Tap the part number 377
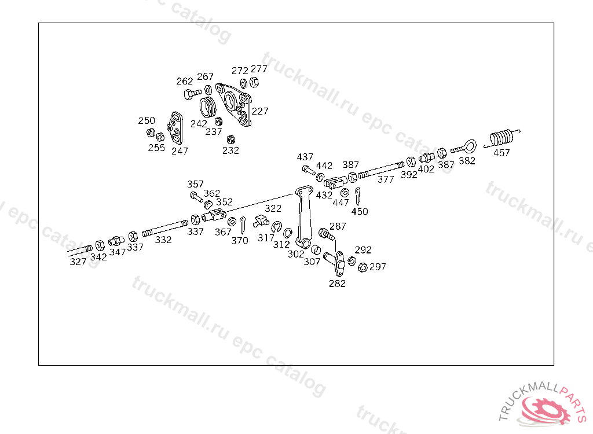pos(386,179)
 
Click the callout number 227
pos(260,111)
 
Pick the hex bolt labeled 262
pos(191,93)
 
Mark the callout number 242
pos(199,124)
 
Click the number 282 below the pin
pos(337,283)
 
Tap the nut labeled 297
pos(363,267)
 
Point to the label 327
pos(78,262)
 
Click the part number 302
pos(296,253)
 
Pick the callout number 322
pos(273,208)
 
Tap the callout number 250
pos(147,120)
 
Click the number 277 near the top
pos(259,69)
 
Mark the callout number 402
pos(426,169)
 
